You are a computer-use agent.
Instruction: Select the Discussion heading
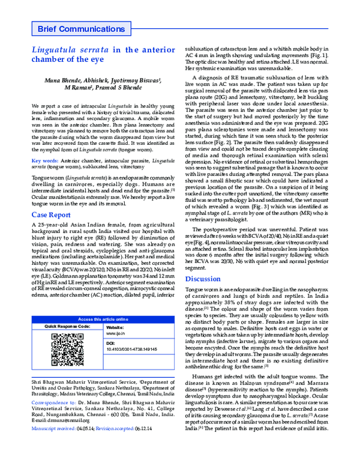point(202,279)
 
